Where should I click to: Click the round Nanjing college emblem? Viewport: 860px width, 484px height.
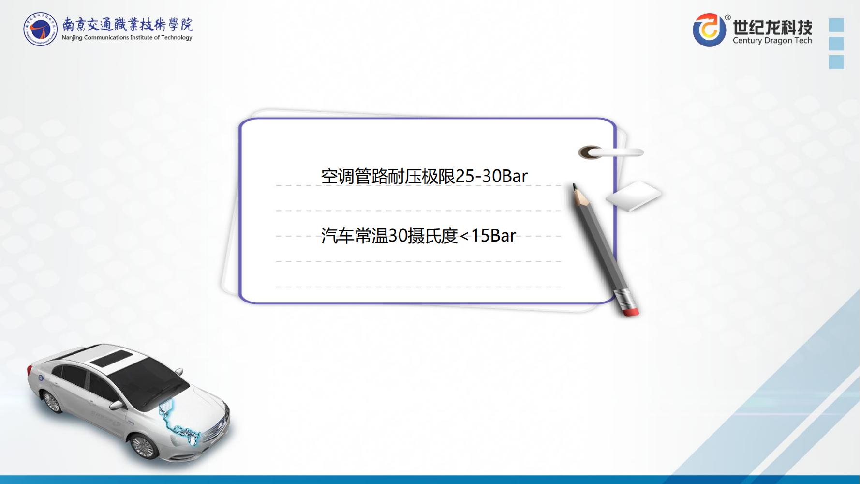pos(41,29)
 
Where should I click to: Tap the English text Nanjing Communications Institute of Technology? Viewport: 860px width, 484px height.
pos(127,38)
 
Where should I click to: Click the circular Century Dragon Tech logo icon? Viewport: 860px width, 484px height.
pos(710,30)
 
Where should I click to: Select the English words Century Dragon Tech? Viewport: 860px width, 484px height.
pos(772,41)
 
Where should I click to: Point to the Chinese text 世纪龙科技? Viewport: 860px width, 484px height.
pos(772,26)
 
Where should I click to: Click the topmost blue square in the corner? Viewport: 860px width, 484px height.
pos(836,25)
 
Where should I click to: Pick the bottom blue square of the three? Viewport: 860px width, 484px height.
pos(836,62)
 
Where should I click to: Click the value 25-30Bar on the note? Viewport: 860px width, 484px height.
pos(491,176)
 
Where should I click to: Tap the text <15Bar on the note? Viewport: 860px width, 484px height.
pos(488,236)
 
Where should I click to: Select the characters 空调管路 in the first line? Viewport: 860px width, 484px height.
pos(354,177)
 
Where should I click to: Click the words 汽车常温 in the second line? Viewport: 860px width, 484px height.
pos(355,236)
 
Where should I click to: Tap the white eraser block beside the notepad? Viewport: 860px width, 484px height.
pos(633,196)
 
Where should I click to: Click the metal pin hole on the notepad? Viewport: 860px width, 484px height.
pos(591,153)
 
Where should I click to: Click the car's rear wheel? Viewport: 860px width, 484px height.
pos(51,401)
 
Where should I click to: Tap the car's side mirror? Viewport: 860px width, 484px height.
pos(117,404)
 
